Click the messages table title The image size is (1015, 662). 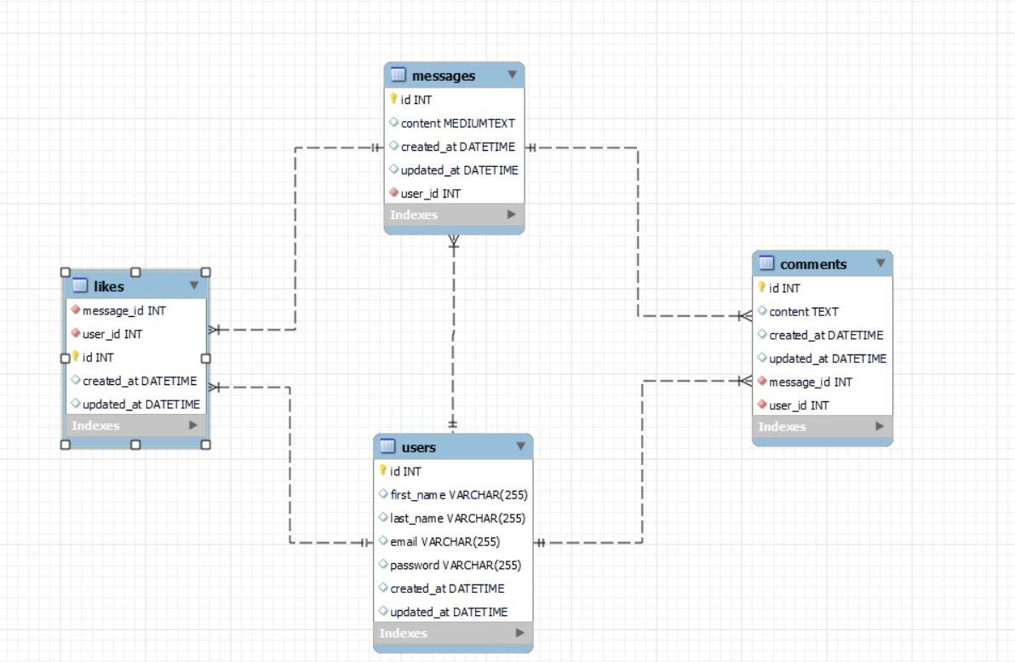point(443,76)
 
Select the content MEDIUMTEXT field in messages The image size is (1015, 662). point(457,124)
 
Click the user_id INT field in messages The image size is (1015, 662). point(430,193)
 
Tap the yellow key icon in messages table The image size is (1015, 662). point(393,100)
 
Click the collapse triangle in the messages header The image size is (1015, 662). point(512,75)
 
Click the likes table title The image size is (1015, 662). point(108,286)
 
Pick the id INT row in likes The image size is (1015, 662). point(98,358)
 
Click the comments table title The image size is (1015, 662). point(813,264)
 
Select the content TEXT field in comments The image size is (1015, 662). point(803,312)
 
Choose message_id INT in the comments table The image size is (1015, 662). point(810,382)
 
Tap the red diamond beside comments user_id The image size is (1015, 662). point(762,406)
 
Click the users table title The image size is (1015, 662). point(418,447)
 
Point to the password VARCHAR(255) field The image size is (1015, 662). point(455,565)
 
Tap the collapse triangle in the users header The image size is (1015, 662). point(521,446)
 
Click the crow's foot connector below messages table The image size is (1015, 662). point(454,242)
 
